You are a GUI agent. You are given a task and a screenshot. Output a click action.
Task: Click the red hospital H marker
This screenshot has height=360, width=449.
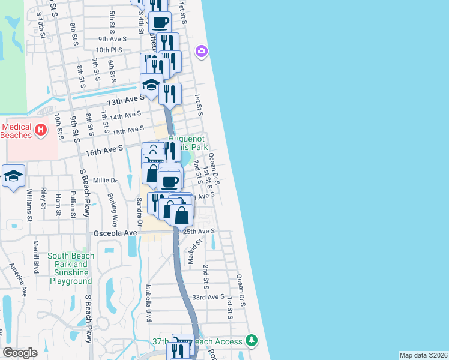tap(40, 129)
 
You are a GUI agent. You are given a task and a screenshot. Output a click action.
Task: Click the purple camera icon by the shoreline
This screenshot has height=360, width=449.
tap(201, 51)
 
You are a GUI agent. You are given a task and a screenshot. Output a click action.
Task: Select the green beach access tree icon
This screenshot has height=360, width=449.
tap(252, 341)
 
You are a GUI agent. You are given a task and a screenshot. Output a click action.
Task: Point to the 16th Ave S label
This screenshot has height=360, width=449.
tap(104, 147)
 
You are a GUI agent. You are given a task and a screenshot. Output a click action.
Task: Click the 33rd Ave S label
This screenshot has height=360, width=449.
tap(208, 296)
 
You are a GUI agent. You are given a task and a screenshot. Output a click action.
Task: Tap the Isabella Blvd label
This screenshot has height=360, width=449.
tap(148, 303)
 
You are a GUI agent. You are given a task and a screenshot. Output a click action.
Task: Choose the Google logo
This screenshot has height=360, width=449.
tap(20, 353)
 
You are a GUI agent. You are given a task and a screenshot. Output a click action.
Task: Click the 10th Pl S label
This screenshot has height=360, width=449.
tap(109, 50)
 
